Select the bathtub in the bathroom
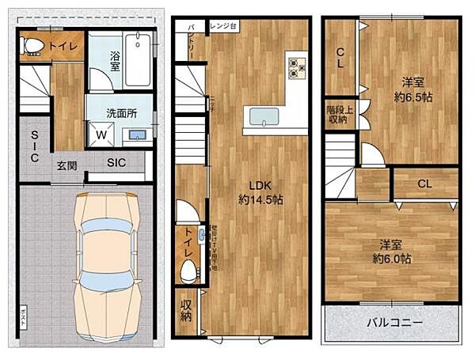(138, 59)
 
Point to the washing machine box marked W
(102, 135)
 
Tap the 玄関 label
(66, 165)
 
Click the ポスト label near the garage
(24, 313)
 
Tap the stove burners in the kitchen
(297, 68)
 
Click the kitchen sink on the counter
(264, 117)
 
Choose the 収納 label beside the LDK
(185, 311)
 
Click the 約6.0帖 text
(392, 259)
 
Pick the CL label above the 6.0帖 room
(424, 184)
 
